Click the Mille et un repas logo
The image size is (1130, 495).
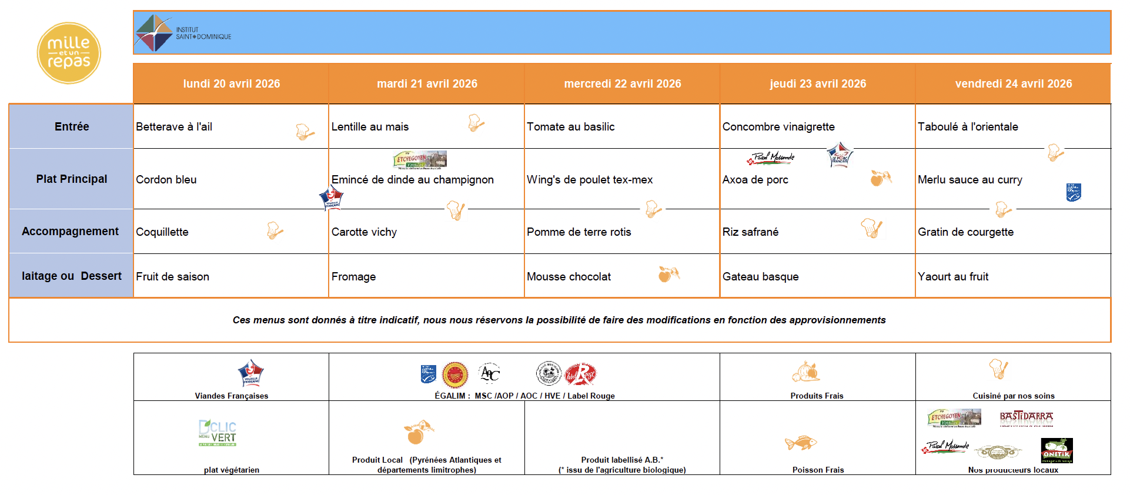pos(69,53)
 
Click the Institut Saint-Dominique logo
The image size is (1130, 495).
pos(183,33)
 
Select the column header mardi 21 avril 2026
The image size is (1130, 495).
pos(427,83)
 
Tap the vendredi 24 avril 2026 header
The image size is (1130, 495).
pos(1013,83)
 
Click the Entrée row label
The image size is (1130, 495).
pos(72,126)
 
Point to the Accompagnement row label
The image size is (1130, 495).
pos(70,231)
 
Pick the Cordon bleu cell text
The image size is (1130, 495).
pos(166,179)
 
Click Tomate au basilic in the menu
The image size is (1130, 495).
pos(570,126)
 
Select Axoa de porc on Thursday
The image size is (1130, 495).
pos(755,179)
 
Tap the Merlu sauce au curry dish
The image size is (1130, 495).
pos(969,179)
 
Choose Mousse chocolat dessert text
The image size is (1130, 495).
pos(569,276)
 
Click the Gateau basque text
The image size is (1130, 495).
pos(760,276)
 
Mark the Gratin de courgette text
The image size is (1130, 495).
pos(965,232)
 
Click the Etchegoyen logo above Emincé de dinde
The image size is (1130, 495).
pos(420,159)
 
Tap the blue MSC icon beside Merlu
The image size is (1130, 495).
pos(1074,192)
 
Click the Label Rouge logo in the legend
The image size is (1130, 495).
pos(580,374)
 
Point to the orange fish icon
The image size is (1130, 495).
pos(801,443)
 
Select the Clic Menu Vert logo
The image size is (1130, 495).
pos(218,433)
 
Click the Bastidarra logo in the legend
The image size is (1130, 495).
pos(1026,417)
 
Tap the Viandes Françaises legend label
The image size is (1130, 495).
pos(231,396)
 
